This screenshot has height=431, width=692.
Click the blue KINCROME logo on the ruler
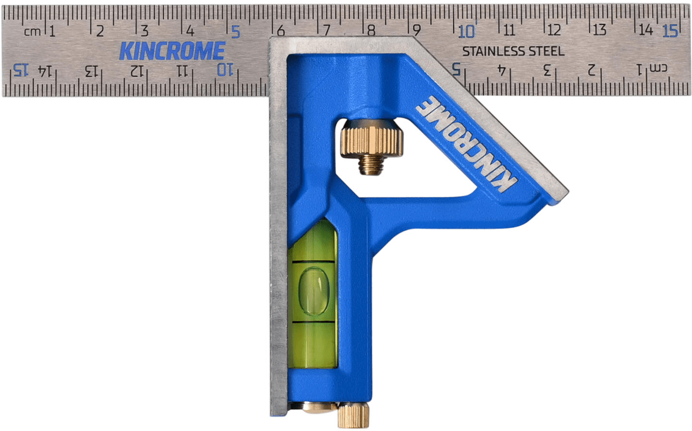pos(172,51)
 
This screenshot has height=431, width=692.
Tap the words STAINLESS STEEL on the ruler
pos(513,51)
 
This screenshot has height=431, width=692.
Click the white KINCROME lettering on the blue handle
pos(466,144)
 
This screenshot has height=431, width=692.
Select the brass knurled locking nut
pos(371,138)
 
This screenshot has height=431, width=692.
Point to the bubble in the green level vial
pos(314,291)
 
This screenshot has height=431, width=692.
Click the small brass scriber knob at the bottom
pos(353,415)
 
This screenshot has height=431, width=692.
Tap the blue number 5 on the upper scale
pos(236,32)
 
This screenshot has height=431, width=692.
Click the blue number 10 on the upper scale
pos(467,32)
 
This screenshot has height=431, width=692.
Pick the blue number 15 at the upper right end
pos(670,31)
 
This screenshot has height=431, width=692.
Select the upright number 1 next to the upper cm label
pos(52,32)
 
